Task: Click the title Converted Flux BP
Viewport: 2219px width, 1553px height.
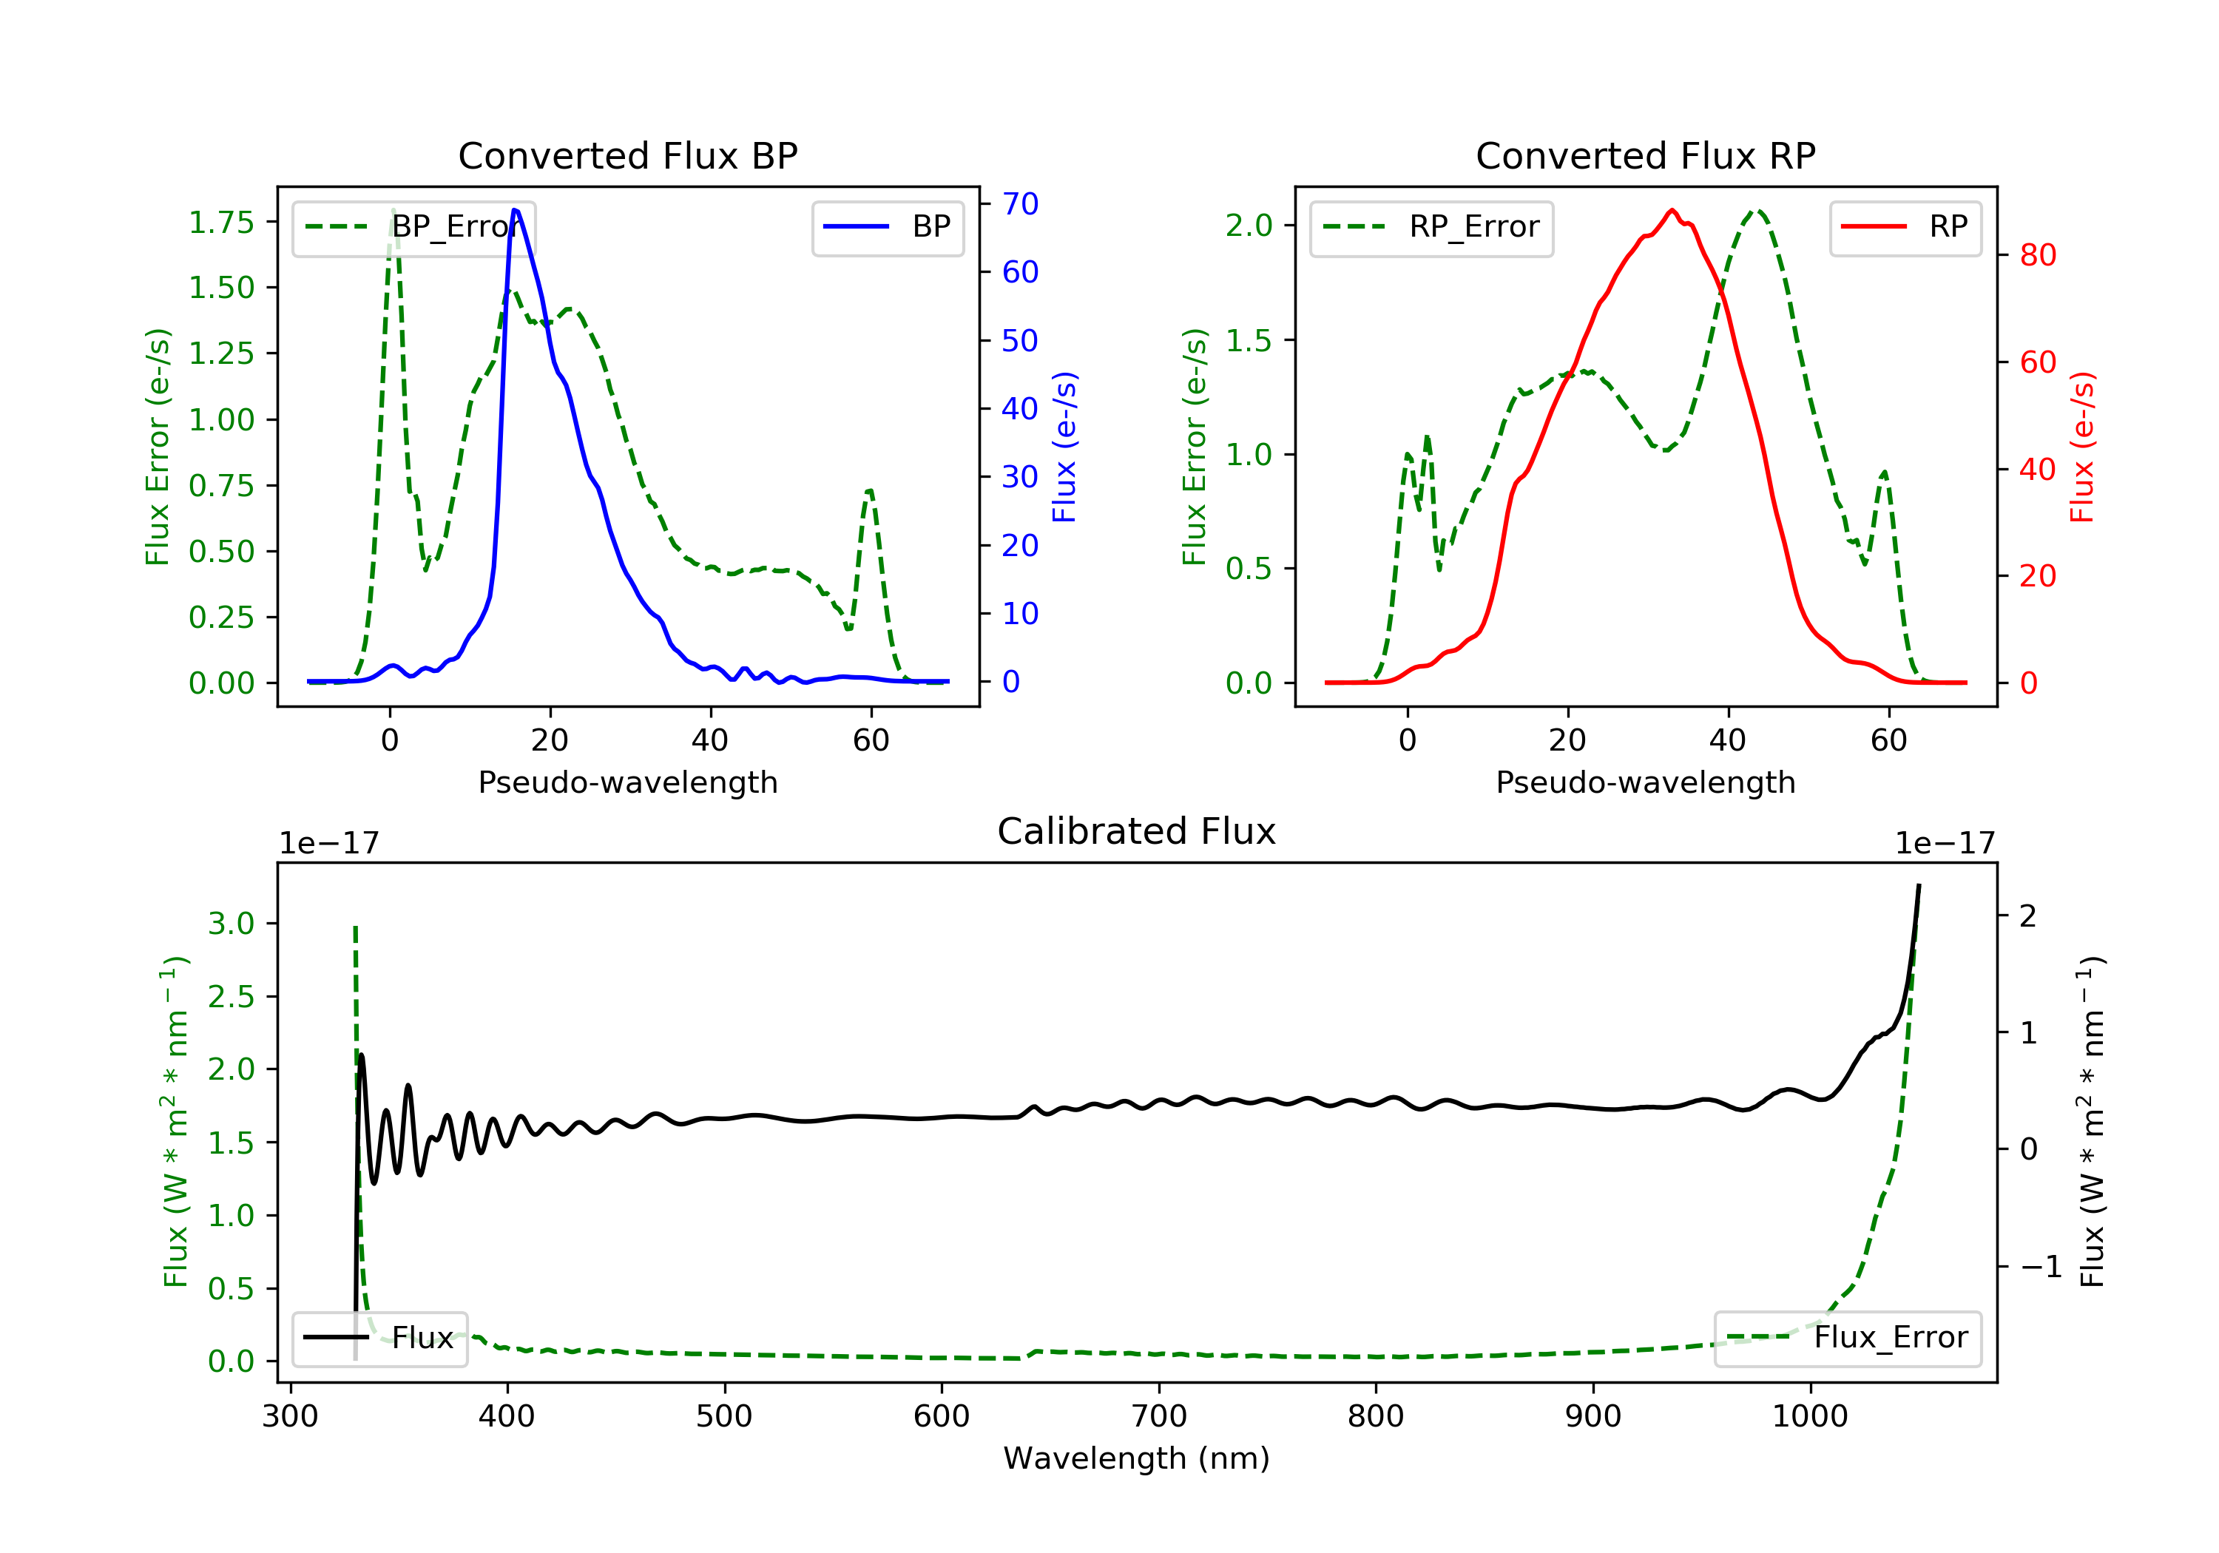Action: click(627, 155)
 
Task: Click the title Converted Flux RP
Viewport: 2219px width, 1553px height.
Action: click(1645, 155)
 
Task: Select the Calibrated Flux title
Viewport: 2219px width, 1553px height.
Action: click(1137, 831)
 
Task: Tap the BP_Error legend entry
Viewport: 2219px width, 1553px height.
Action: click(413, 227)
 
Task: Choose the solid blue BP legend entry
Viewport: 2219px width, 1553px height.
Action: click(887, 227)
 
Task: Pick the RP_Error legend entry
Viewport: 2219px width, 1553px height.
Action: click(1431, 227)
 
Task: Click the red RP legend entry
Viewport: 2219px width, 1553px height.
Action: click(1904, 227)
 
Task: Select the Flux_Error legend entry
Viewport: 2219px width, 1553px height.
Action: click(1847, 1338)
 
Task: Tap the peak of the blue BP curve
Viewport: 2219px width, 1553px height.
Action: click(515, 210)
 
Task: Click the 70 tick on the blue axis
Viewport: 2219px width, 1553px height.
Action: click(1019, 204)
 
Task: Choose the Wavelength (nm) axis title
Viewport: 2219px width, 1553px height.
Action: click(1137, 1458)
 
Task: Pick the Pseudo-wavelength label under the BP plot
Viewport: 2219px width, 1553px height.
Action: click(627, 782)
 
